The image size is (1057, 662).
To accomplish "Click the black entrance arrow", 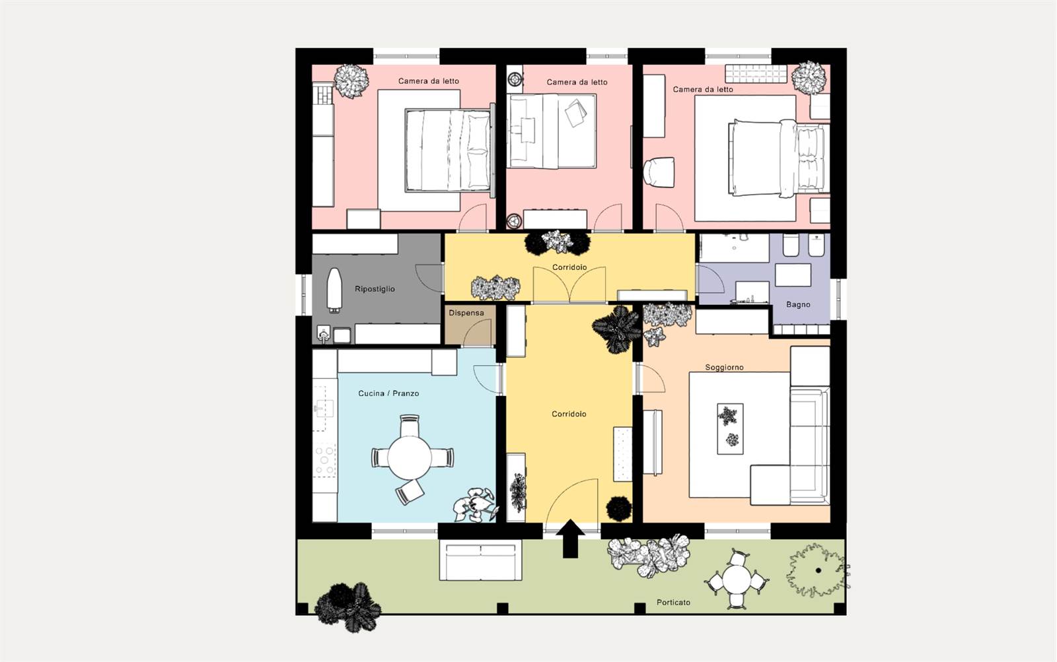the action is pyautogui.click(x=571, y=539).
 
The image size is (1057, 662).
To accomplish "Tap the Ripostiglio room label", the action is pyautogui.click(x=375, y=289).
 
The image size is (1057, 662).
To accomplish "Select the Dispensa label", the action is pyautogui.click(x=466, y=313).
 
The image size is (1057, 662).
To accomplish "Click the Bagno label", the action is pyautogui.click(x=798, y=304).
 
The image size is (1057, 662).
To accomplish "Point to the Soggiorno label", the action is pyautogui.click(x=724, y=368).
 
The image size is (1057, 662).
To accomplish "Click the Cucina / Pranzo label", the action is pyautogui.click(x=388, y=393).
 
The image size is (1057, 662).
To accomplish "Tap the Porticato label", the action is pyautogui.click(x=673, y=603).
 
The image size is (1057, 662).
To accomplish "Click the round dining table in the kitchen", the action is pyautogui.click(x=410, y=457).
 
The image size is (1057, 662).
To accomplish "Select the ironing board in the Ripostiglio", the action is pyautogui.click(x=334, y=290).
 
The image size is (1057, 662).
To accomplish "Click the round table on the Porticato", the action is pyautogui.click(x=736, y=579).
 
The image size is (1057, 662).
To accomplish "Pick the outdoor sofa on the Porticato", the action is pyautogui.click(x=480, y=560).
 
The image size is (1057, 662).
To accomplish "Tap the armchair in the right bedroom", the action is pyautogui.click(x=659, y=172).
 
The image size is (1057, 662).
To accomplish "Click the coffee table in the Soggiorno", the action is pyautogui.click(x=730, y=428).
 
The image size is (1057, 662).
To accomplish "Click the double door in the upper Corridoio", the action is pyautogui.click(x=569, y=284).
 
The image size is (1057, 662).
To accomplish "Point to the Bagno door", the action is pyautogui.click(x=711, y=279).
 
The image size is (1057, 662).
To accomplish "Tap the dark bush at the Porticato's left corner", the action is pyautogui.click(x=347, y=607).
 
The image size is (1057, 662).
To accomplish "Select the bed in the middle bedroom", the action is pyautogui.click(x=552, y=131).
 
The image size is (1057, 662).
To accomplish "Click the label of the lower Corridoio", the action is pyautogui.click(x=569, y=414).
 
